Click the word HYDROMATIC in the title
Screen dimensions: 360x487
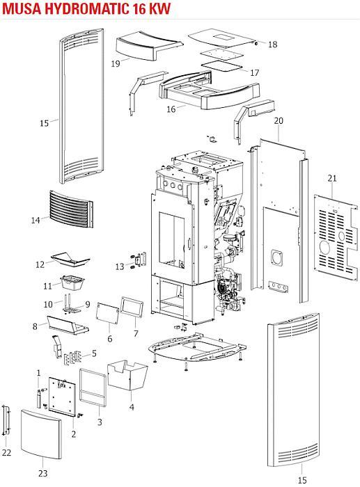click(86, 8)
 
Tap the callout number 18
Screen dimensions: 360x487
click(272, 44)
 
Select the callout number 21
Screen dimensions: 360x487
click(332, 178)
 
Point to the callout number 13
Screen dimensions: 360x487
click(120, 266)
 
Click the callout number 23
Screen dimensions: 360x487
click(43, 473)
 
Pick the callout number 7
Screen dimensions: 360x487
click(136, 333)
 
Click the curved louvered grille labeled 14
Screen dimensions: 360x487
click(71, 209)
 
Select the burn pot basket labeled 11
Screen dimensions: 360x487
click(72, 282)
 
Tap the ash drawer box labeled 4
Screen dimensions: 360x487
click(127, 375)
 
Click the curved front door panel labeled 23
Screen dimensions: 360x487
click(40, 434)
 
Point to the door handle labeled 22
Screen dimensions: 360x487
click(6, 420)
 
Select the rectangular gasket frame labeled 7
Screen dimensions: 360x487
click(132, 307)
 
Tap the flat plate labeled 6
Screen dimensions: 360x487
click(107, 313)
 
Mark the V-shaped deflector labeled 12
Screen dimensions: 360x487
click(70, 260)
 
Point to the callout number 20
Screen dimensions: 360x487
click(279, 121)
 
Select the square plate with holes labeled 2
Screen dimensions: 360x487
click(62, 397)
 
